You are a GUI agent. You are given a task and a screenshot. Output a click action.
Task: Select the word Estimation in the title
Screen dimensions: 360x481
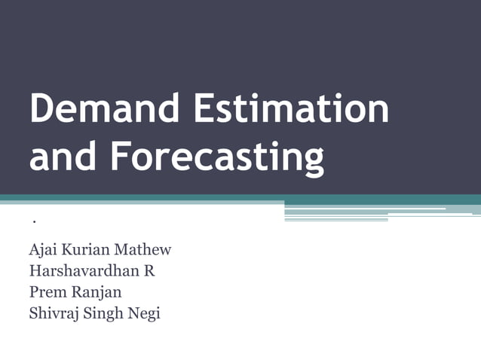coord(292,110)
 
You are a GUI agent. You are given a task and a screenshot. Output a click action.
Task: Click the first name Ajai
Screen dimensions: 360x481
coord(42,250)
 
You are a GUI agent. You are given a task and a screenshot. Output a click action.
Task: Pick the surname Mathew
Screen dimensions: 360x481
coord(146,249)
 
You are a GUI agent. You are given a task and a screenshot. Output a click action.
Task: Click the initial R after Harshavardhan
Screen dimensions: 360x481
coord(149,270)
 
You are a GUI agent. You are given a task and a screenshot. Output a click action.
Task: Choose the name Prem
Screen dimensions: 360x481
coord(46,291)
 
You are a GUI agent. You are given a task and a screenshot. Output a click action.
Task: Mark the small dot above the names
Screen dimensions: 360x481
coord(35,222)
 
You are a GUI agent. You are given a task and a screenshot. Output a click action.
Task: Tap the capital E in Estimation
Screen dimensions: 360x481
coord(204,110)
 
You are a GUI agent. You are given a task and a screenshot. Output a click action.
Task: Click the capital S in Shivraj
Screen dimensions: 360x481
coord(32,313)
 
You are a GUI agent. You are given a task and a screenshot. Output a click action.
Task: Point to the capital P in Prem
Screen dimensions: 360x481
coord(32,291)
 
